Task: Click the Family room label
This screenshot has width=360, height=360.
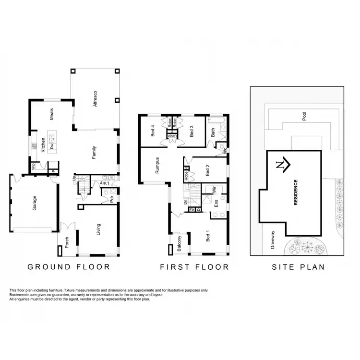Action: pyautogui.click(x=95, y=153)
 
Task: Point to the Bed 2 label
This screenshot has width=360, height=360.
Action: pyautogui.click(x=207, y=171)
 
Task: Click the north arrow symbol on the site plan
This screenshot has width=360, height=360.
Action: pyautogui.click(x=283, y=165)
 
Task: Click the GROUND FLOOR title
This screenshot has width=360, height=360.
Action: pyautogui.click(x=69, y=267)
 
